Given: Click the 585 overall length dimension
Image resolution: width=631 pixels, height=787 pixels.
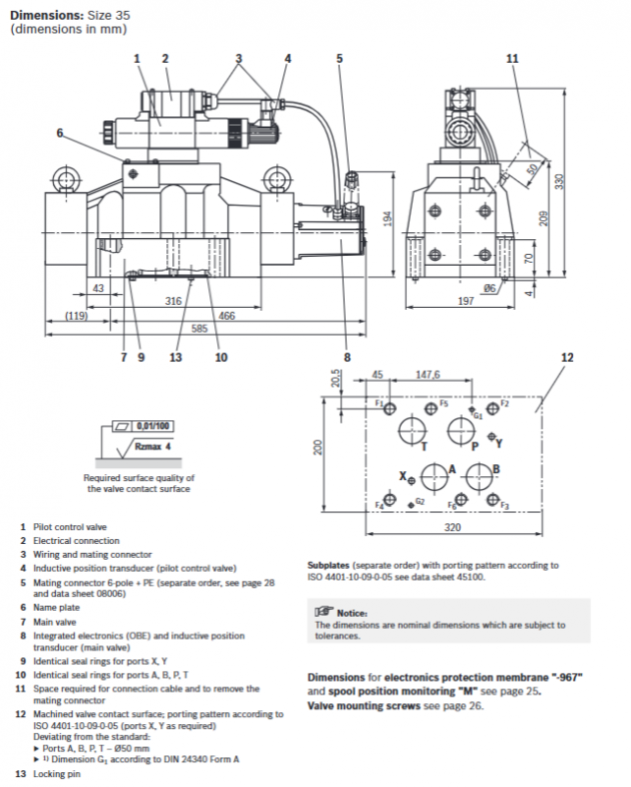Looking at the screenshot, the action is tap(200, 329).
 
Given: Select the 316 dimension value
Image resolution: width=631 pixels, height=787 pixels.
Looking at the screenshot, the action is tap(173, 301).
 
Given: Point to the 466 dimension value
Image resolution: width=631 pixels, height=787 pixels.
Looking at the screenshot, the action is tap(227, 316).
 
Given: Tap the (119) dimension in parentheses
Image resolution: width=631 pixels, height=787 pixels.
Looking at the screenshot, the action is tap(77, 316).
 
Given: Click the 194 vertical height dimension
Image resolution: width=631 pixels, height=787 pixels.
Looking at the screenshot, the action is tap(387, 218).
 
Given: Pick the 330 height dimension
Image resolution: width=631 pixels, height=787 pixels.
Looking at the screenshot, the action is tap(559, 181).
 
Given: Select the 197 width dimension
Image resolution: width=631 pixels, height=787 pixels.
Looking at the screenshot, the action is tap(466, 301).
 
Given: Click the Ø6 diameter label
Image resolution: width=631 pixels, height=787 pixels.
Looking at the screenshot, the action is tap(489, 288).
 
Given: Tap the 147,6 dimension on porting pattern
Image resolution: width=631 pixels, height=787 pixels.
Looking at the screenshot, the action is tap(428, 375).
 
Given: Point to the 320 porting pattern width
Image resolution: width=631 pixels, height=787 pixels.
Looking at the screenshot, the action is tap(452, 527).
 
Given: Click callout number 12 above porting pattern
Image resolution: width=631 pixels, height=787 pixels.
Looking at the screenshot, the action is tap(567, 357).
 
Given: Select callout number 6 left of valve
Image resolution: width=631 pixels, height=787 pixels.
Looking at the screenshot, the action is tap(60, 133).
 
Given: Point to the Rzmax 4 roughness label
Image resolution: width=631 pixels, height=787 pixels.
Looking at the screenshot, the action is tap(152, 447).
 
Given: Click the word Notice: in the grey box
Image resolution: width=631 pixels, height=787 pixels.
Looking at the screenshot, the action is tap(352, 613).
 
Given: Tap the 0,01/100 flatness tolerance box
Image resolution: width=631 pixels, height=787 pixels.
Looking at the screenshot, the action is tap(153, 426).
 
